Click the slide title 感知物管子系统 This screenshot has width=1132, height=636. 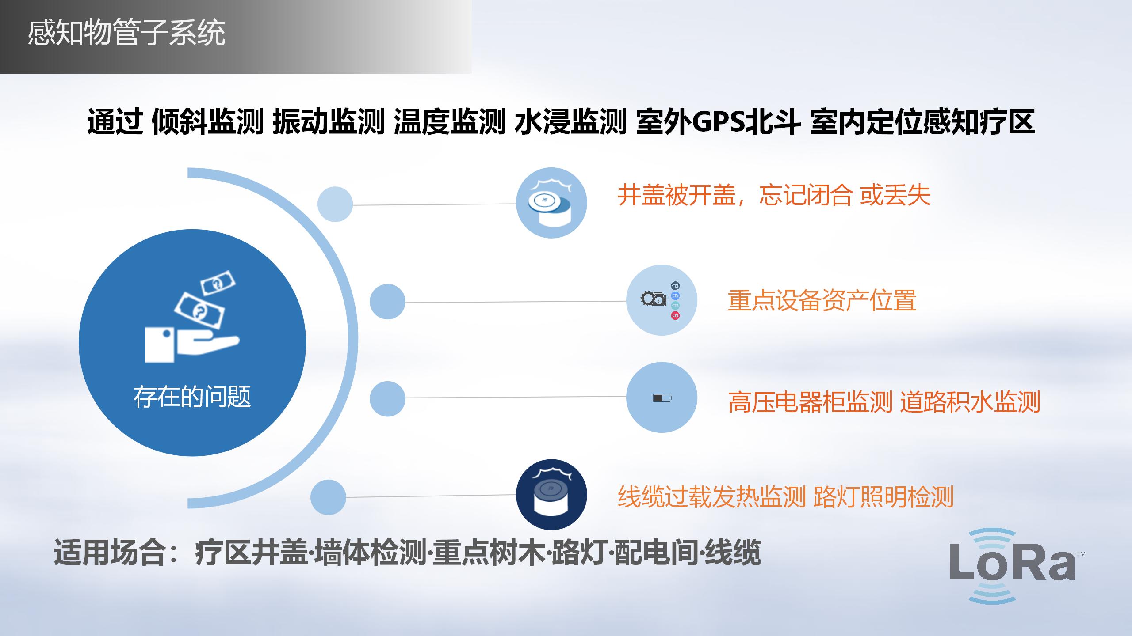pos(126,33)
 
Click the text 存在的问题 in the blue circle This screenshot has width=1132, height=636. pos(192,397)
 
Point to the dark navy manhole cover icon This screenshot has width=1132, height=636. pos(551,495)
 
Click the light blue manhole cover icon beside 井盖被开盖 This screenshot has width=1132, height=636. pos(551,203)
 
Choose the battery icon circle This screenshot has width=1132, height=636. pos(662,397)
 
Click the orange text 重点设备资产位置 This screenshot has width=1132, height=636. pos(822,300)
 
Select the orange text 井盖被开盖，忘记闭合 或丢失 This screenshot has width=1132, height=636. pos(774,195)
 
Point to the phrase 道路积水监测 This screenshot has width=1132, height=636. pos(970,402)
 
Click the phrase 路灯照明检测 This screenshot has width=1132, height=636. pos(883,497)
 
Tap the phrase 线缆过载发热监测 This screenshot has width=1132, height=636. pos(711,497)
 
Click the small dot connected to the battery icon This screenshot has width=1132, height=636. pos(387,398)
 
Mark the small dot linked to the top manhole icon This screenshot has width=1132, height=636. pos(335,204)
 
